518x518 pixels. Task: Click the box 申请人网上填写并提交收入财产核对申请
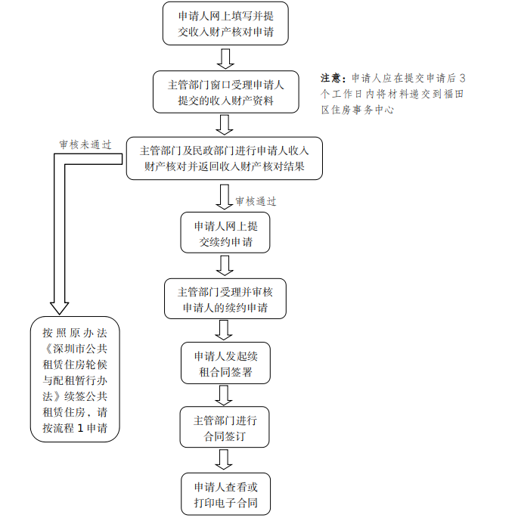(225, 23)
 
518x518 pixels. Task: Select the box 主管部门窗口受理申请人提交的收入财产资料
(225, 92)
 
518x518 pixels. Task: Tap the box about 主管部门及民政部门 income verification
(225, 158)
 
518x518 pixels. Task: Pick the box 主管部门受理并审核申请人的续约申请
(225, 299)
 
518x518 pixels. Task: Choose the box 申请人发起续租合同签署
(225, 364)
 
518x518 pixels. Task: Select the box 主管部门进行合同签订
(225, 428)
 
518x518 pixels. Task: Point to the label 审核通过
(256, 201)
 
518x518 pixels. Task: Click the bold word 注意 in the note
(332, 79)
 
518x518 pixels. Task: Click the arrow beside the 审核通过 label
(225, 197)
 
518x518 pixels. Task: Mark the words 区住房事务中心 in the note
(358, 110)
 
